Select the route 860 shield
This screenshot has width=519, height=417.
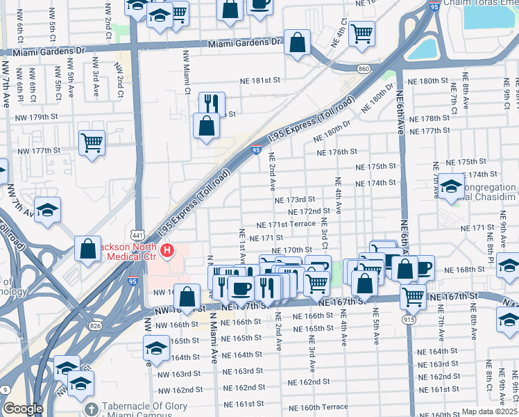364,69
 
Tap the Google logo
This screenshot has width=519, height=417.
23,409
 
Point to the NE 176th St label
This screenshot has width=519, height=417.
337,152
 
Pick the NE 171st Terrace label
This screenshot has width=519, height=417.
286,225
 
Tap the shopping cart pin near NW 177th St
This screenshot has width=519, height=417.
92,143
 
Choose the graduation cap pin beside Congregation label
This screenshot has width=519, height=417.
451,186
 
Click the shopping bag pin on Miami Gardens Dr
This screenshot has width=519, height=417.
297,42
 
